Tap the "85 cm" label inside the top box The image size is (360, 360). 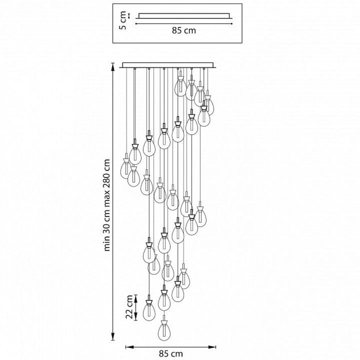pyautogui.click(x=184, y=31)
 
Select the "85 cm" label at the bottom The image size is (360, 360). pyautogui.click(x=171, y=354)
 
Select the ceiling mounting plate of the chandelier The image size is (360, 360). pyautogui.click(x=168, y=65)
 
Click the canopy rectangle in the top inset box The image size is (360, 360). pyautogui.click(x=184, y=16)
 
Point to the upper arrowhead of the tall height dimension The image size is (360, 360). pyautogui.click(x=113, y=67)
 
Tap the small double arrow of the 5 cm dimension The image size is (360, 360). pyautogui.click(x=128, y=16)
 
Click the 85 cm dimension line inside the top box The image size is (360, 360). pyautogui.click(x=184, y=24)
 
